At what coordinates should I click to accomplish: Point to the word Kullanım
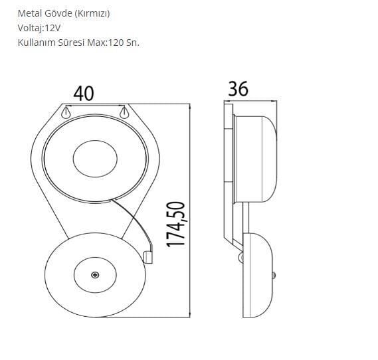click(x=37, y=42)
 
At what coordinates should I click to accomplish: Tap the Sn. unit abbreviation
click(x=133, y=42)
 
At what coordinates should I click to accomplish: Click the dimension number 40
click(x=83, y=94)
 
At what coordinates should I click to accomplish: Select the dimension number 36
click(x=237, y=88)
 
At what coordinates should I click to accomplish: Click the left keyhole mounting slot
click(x=66, y=114)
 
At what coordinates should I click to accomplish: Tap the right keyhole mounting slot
click(x=123, y=114)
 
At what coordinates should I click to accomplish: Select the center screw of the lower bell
click(x=95, y=275)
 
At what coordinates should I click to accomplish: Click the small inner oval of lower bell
click(x=95, y=275)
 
